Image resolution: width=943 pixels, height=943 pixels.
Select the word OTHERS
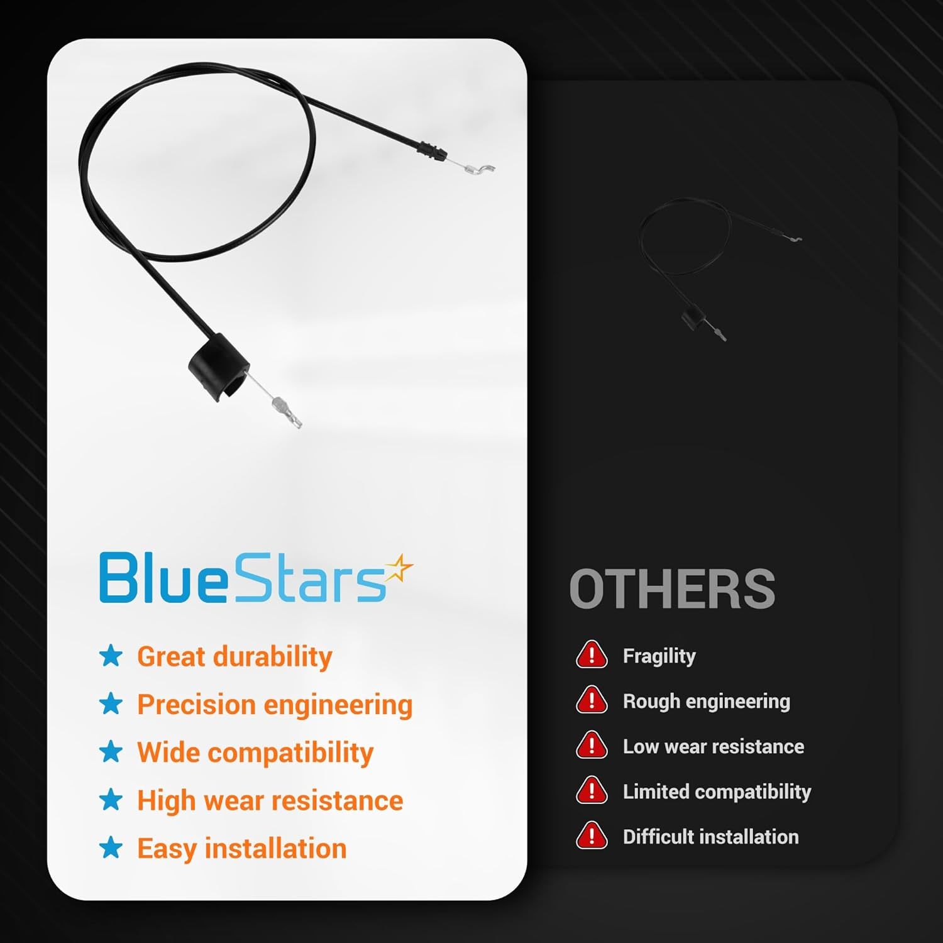(672, 588)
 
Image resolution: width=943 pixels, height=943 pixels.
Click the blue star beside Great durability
(111, 656)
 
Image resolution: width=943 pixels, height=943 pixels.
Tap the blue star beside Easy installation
(111, 847)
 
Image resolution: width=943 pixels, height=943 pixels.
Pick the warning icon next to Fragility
(591, 654)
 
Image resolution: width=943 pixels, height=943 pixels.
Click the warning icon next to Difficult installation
(591, 835)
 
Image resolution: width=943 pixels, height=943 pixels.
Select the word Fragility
(659, 656)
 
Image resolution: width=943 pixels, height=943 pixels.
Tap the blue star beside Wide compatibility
(111, 751)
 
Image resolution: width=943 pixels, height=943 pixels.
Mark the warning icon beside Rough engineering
(591, 700)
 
